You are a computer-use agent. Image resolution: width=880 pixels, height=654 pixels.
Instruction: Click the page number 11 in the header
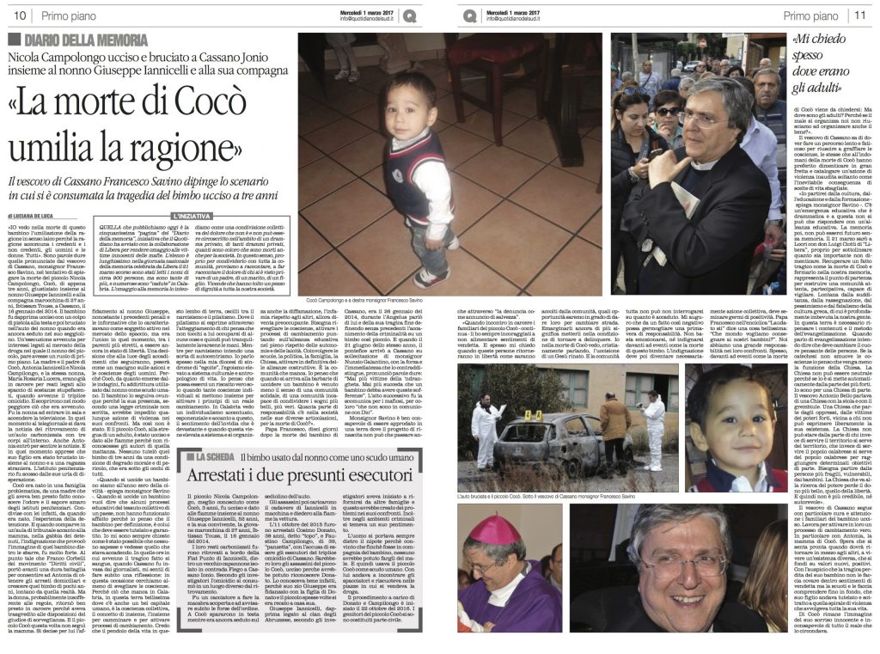tap(860, 15)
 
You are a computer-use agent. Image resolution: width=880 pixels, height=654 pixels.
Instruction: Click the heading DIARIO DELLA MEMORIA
tap(75, 40)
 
